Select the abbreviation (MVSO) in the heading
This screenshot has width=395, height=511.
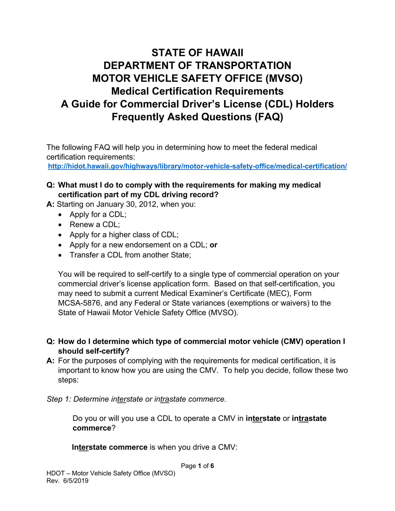pyautogui.click(x=284, y=78)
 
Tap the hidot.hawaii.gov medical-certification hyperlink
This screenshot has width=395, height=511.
pyautogui.click(x=197, y=166)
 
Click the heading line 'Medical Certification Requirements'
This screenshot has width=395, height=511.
pyautogui.click(x=197, y=91)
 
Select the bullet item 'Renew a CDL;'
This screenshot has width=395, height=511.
pyautogui.click(x=94, y=224)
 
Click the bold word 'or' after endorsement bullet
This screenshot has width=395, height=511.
pyautogui.click(x=213, y=245)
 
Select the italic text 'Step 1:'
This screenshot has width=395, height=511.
pyautogui.click(x=59, y=399)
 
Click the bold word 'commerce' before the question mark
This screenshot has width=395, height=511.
pyautogui.click(x=92, y=428)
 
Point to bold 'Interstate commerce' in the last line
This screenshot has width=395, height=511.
pyautogui.click(x=110, y=447)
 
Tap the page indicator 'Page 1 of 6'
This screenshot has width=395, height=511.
pyautogui.click(x=197, y=466)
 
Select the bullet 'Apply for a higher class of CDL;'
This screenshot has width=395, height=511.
pyautogui.click(x=124, y=235)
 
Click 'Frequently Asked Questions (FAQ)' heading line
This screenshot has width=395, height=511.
pyautogui.click(x=197, y=117)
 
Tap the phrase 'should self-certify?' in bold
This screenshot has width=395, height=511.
pyautogui.click(x=94, y=351)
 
